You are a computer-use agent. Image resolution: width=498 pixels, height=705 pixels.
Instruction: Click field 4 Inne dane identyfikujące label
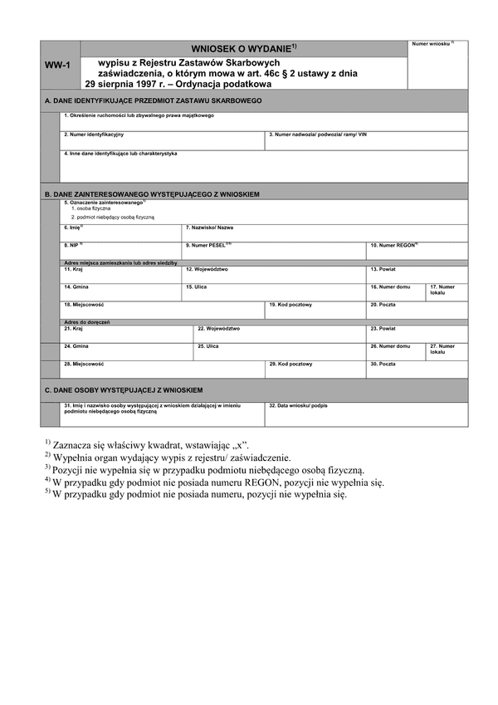click(x=120, y=153)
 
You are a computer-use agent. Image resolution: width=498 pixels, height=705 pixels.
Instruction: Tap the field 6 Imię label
click(x=74, y=227)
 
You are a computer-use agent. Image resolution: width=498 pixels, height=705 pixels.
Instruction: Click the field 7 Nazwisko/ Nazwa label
click(x=209, y=227)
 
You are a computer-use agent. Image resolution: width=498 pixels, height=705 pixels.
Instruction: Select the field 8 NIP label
click(x=73, y=246)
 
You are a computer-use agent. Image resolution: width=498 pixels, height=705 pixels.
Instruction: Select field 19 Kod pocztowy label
click(x=290, y=305)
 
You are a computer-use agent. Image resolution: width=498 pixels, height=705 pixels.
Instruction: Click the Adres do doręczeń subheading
click(x=87, y=321)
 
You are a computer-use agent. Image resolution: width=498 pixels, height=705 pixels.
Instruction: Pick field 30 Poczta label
click(x=383, y=364)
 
